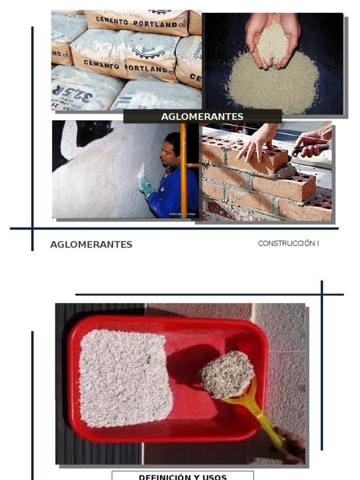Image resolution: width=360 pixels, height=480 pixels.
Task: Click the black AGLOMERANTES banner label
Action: (x=202, y=116)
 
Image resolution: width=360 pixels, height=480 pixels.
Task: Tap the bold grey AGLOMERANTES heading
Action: (x=91, y=244)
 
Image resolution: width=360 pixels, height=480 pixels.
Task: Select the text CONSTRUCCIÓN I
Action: (x=288, y=243)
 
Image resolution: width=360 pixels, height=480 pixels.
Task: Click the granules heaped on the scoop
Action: (x=228, y=374)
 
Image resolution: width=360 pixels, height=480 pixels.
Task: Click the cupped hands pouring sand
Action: (x=272, y=40)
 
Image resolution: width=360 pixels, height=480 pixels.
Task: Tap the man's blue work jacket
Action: (x=176, y=192)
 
